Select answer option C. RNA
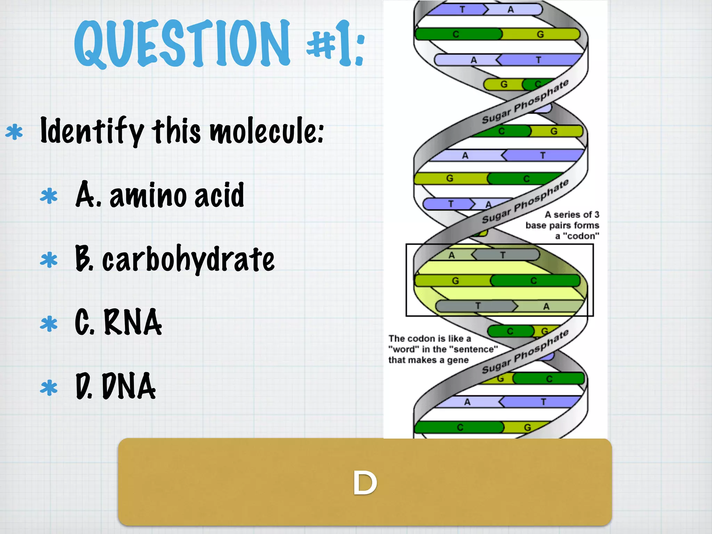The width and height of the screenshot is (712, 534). [x=118, y=323]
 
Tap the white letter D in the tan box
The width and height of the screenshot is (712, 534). [x=365, y=483]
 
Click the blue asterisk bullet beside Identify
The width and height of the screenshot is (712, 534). [x=14, y=132]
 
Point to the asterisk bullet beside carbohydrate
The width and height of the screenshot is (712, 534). [x=49, y=260]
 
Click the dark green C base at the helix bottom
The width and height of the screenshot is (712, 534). [x=460, y=427]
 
